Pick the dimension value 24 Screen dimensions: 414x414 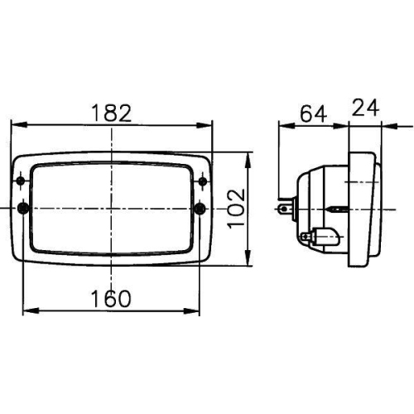pos(365,109)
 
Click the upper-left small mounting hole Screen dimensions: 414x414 pos(21,180)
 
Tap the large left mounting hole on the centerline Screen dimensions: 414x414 pos(22,207)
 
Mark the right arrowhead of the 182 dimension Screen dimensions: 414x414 pos(207,126)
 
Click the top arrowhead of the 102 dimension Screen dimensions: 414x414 pos(249,157)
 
